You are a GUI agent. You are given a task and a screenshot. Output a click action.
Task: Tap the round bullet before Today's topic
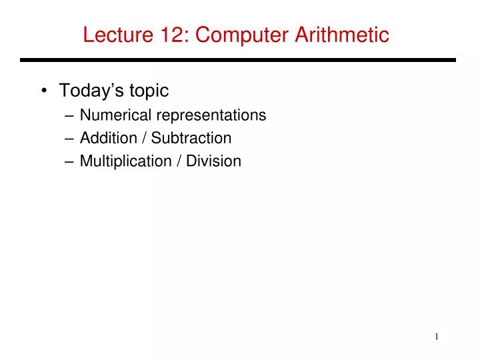click(43, 90)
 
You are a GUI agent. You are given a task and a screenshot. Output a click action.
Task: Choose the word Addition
click(104, 138)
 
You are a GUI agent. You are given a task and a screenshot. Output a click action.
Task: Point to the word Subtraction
click(191, 138)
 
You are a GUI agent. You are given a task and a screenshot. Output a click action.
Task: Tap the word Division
click(214, 161)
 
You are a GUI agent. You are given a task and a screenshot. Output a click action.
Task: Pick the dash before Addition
click(71, 139)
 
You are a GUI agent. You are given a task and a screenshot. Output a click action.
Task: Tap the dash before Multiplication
click(71, 161)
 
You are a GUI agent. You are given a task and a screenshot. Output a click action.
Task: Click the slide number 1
click(437, 337)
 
